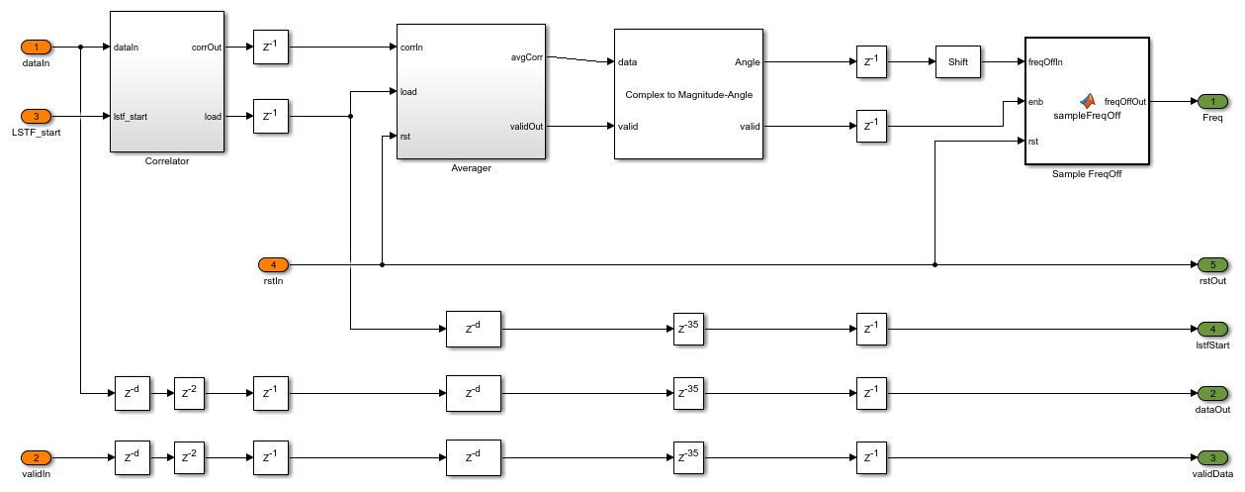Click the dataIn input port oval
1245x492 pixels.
pyautogui.click(x=37, y=47)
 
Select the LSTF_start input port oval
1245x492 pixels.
pyautogui.click(x=37, y=116)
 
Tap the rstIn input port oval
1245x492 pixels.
pyautogui.click(x=274, y=264)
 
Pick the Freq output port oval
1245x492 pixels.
pyautogui.click(x=1212, y=101)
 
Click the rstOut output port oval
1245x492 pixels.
pyautogui.click(x=1212, y=264)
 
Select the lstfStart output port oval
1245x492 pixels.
pyautogui.click(x=1212, y=328)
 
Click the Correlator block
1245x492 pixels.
pyautogui.click(x=166, y=81)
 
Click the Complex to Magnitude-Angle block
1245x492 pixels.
pyautogui.click(x=688, y=94)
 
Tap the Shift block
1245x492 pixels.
pyautogui.click(x=957, y=62)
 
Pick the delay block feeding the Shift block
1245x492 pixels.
pyautogui.click(x=871, y=62)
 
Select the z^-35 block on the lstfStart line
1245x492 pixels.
pyautogui.click(x=688, y=328)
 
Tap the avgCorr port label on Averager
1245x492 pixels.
pyautogui.click(x=526, y=55)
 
